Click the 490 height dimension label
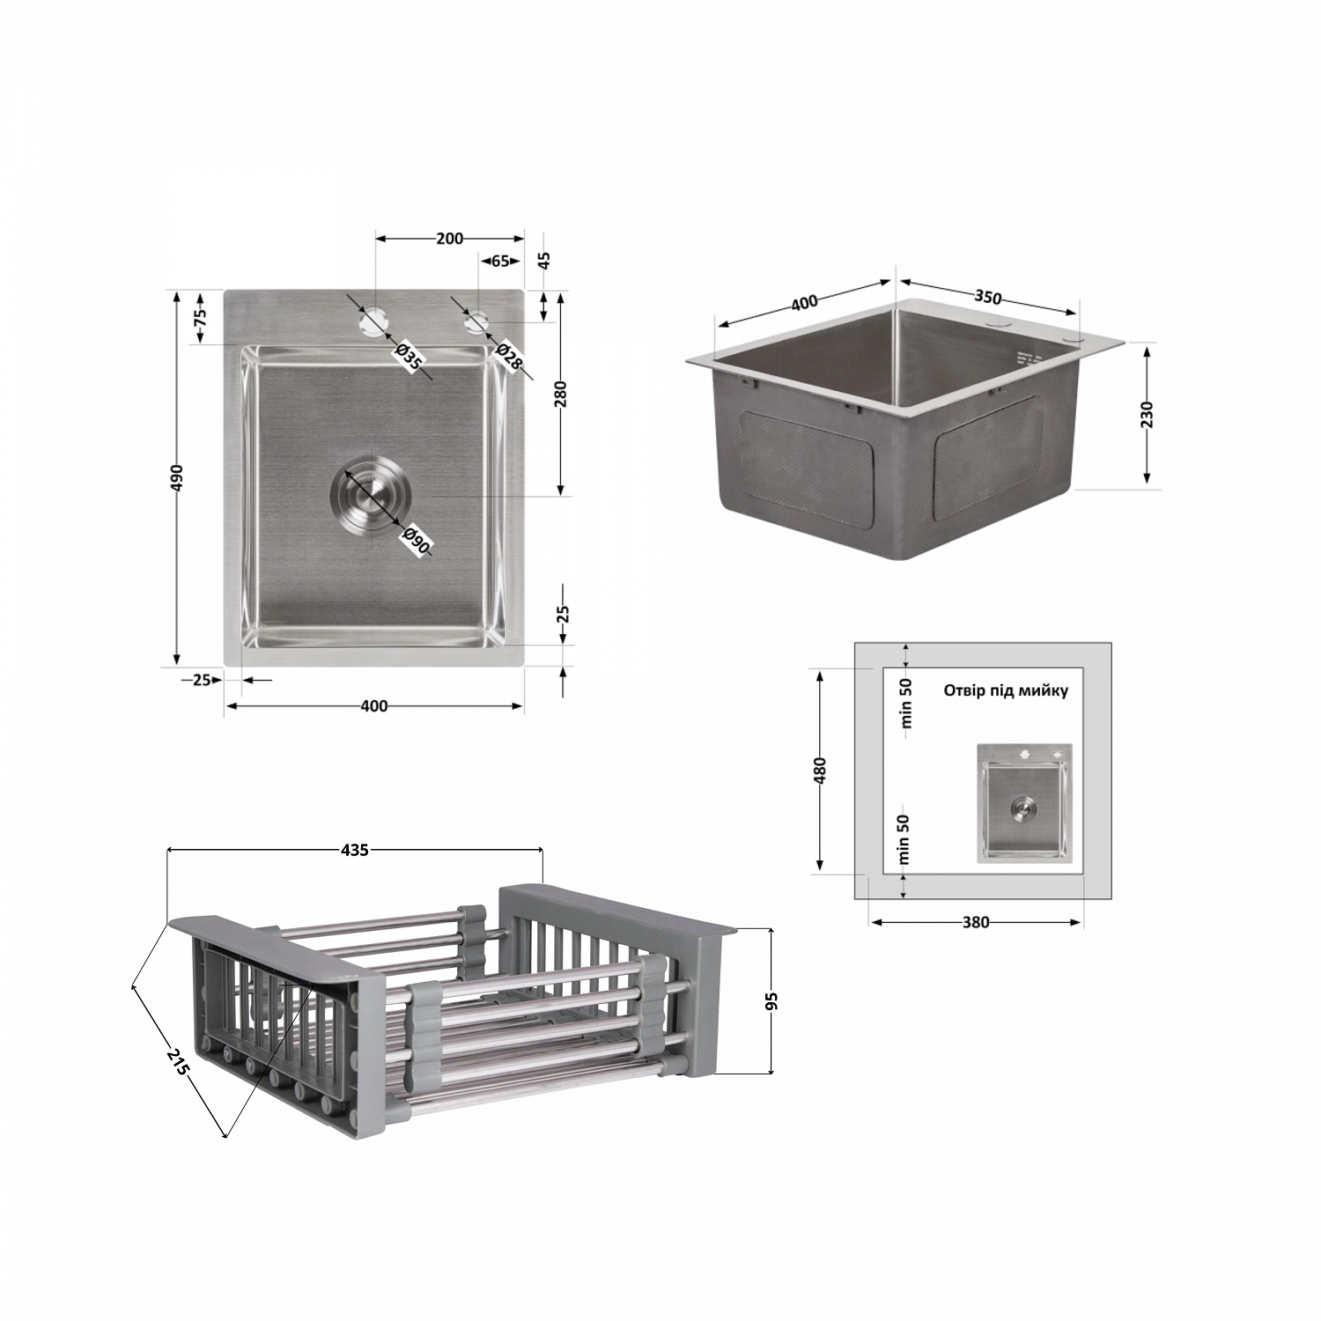[x=176, y=477]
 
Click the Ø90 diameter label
[x=416, y=541]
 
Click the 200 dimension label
[x=449, y=238]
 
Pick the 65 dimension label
[x=499, y=261]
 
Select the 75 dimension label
[x=200, y=316]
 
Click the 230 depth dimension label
[x=1147, y=414]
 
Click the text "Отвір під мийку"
[x=1006, y=690]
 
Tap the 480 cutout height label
[x=820, y=771]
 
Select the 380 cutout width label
[x=976, y=922]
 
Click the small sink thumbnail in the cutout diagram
[x=1023, y=802]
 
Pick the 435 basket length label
[x=354, y=850]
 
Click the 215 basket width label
[x=179, y=1062]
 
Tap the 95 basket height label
[x=772, y=1001]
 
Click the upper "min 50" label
[x=906, y=703]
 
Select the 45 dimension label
[x=544, y=261]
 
